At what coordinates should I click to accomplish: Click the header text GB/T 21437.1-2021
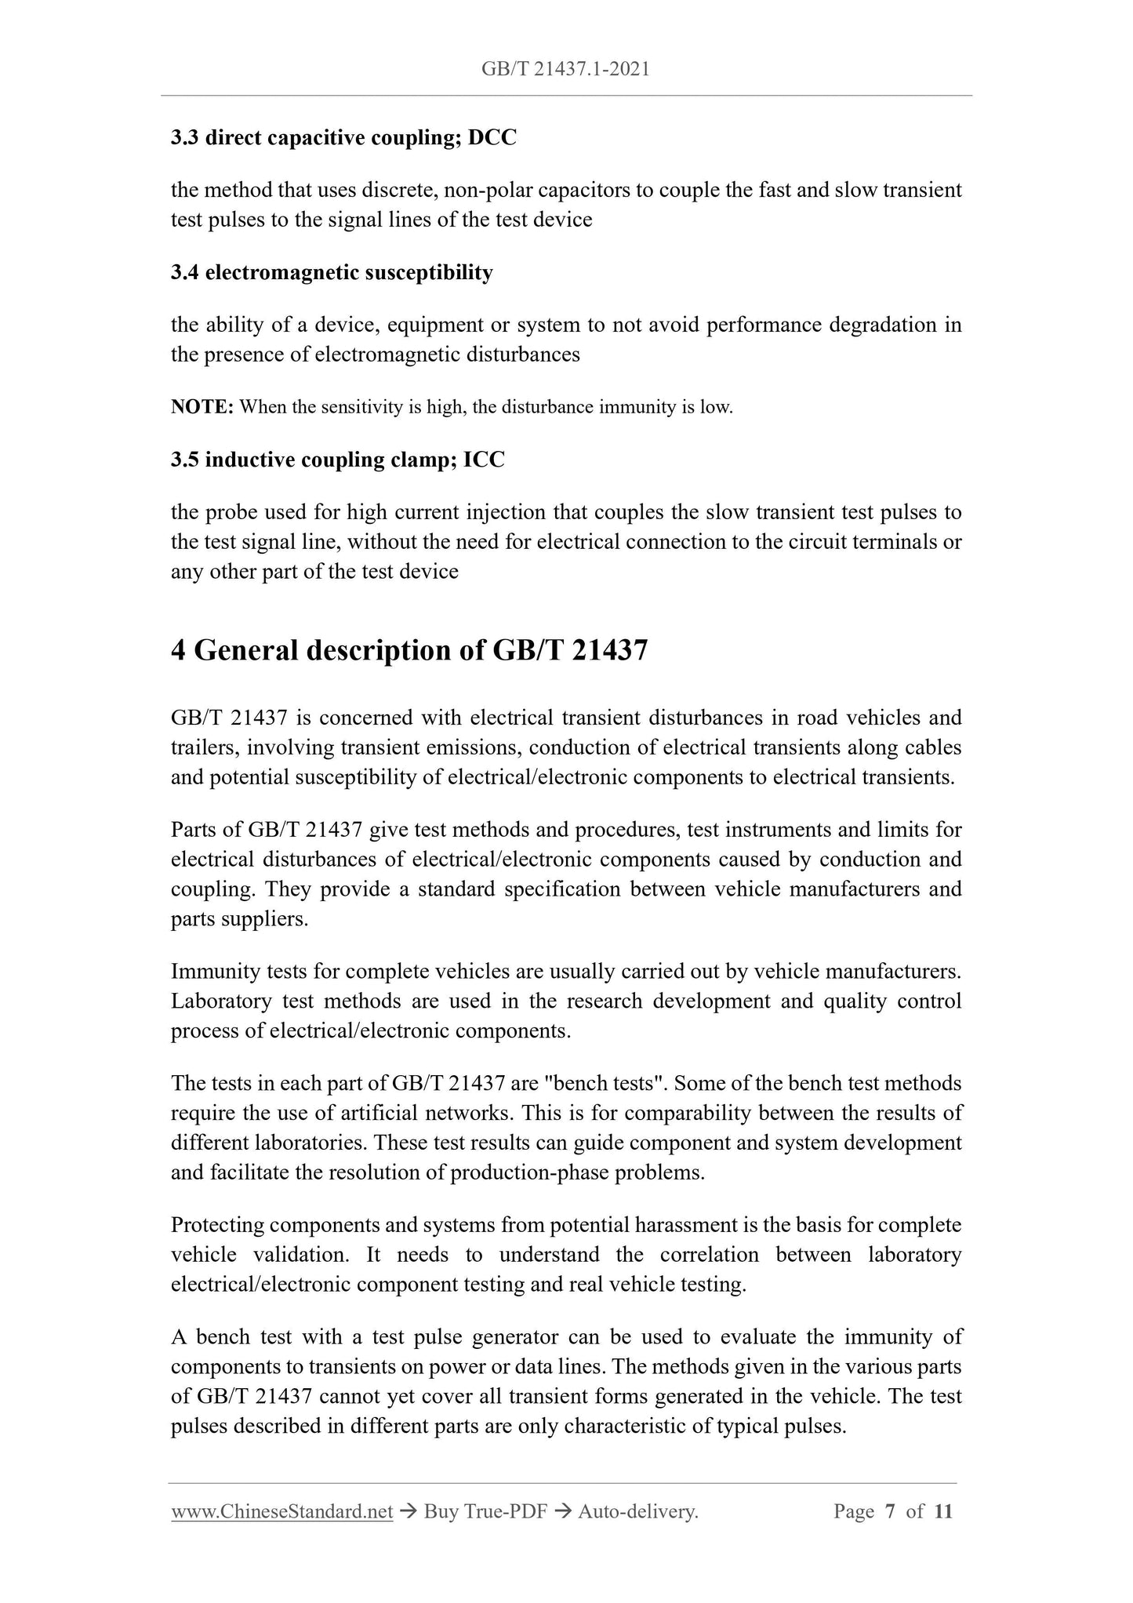pos(565,70)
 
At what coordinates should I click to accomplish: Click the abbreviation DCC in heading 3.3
pos(492,138)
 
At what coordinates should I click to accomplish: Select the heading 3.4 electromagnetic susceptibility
pos(332,272)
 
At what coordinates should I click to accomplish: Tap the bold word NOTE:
pos(202,407)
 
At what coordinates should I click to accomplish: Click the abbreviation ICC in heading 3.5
pos(484,460)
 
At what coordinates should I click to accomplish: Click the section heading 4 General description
pos(409,650)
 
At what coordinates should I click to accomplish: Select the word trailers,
pos(205,747)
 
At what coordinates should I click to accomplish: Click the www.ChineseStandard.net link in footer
pos(281,1511)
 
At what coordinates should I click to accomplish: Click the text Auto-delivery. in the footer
pos(637,1511)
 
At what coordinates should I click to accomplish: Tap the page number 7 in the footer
pos(890,1511)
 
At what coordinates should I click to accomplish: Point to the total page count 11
pos(943,1511)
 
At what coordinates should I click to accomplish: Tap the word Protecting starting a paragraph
pos(217,1225)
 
